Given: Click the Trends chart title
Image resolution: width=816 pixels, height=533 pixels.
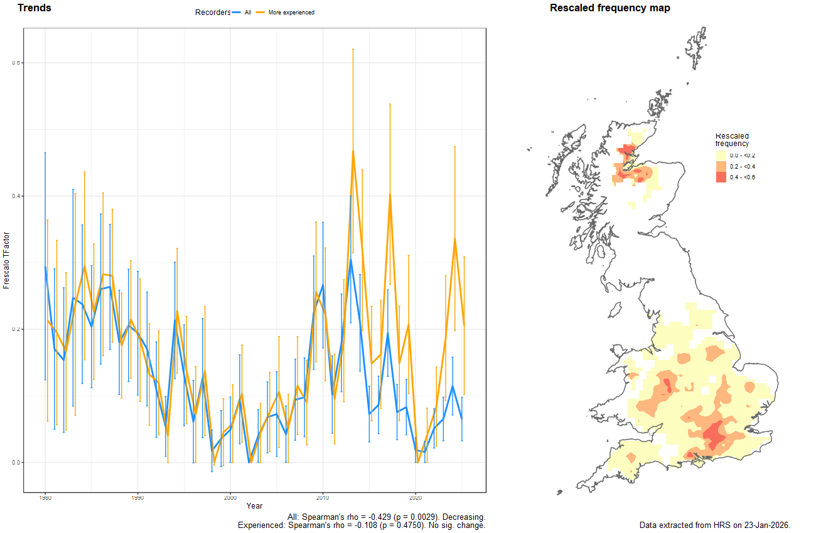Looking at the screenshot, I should tap(35, 8).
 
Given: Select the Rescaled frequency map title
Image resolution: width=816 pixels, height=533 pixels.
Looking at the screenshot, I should tap(609, 8).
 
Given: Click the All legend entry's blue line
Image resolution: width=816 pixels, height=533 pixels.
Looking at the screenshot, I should tap(237, 13).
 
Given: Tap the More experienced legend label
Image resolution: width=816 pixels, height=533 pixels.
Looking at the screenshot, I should tap(291, 13).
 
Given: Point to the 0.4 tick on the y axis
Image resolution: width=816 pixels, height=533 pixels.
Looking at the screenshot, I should tap(16, 196).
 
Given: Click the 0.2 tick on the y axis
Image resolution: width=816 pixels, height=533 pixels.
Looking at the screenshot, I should tap(16, 329).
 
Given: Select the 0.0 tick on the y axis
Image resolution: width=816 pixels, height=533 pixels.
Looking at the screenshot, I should tap(16, 462).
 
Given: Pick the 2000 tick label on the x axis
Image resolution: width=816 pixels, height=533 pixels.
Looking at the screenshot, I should tap(230, 498).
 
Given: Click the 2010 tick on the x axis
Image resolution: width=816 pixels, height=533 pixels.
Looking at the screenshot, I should tap(323, 498).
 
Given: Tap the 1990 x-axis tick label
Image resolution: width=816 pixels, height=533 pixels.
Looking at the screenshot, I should tap(137, 498).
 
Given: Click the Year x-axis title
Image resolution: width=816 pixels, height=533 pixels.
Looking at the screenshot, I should tap(255, 506).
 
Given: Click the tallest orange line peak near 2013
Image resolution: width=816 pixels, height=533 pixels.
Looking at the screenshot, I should tap(353, 150).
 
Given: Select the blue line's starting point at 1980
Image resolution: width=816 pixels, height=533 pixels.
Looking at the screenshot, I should tap(45, 267).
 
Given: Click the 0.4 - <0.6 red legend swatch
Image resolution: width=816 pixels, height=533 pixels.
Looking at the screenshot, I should tap(721, 177).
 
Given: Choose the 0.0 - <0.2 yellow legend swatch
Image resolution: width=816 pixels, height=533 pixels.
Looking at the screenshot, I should tap(721, 155).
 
